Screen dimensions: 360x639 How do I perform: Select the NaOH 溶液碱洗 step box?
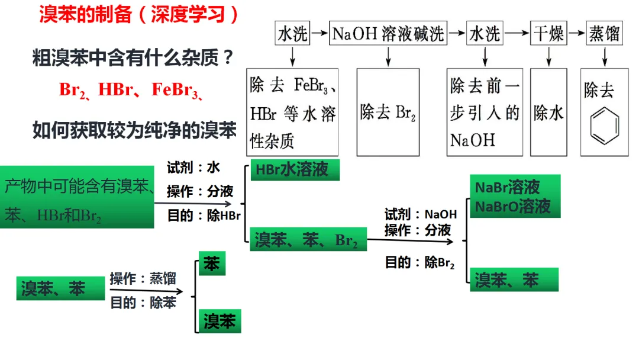coord(388,34)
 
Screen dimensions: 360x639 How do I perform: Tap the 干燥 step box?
coord(548,34)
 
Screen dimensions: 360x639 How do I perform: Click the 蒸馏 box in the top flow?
coord(604,34)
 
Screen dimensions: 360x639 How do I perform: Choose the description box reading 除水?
coord(548,112)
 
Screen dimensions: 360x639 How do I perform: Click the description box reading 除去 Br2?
coord(388,112)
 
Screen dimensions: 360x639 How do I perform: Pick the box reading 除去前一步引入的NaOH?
coord(485,112)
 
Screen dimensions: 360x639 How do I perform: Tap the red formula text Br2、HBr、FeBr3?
coord(132,89)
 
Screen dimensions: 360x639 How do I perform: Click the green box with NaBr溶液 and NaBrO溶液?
coord(514,197)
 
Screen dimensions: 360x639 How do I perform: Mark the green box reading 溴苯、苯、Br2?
coord(308,241)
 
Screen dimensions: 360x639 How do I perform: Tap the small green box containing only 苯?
coord(212,263)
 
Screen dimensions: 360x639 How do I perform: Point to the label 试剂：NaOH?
coord(421,214)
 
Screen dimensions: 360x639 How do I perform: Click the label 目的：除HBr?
coord(204,216)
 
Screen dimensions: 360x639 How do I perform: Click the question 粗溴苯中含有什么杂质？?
coord(133,59)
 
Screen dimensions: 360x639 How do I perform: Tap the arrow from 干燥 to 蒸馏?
coord(576,34)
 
